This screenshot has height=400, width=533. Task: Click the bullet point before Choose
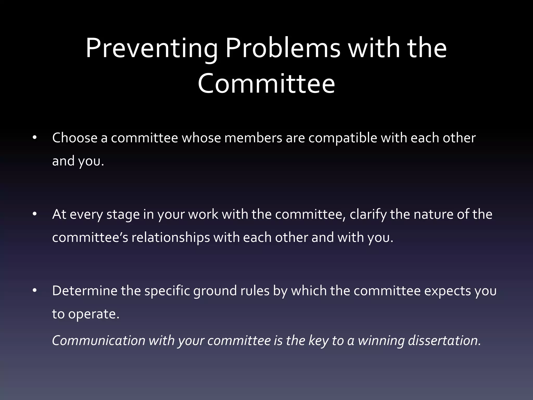point(35,138)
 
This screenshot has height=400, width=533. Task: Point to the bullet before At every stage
point(35,215)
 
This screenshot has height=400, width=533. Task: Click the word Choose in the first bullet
point(75,138)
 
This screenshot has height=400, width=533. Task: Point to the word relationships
point(171,238)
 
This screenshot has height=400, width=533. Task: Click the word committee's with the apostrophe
point(90,238)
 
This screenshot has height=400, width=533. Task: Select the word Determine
point(85,291)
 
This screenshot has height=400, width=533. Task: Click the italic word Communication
point(99,341)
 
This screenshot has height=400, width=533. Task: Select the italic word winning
point(381,341)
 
